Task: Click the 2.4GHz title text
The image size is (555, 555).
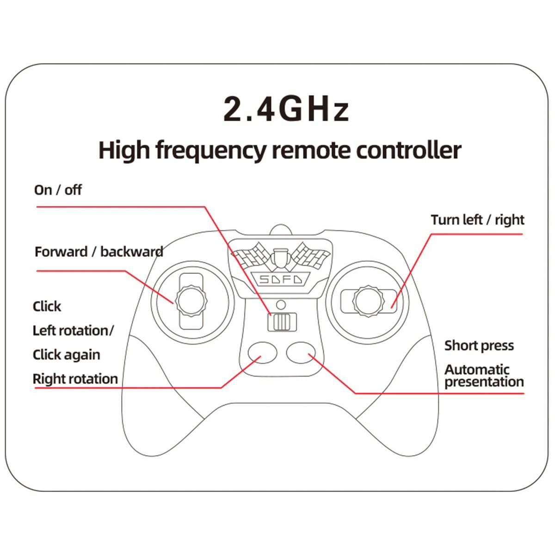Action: pyautogui.click(x=285, y=109)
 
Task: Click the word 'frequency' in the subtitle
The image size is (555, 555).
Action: pyautogui.click(x=211, y=151)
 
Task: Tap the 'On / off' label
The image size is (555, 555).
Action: pyautogui.click(x=58, y=190)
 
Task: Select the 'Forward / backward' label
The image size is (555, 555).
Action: pyautogui.click(x=99, y=252)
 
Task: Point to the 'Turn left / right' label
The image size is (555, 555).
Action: pyautogui.click(x=477, y=220)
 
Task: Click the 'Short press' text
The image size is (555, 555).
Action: pyautogui.click(x=479, y=345)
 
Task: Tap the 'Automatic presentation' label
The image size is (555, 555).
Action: pyautogui.click(x=484, y=376)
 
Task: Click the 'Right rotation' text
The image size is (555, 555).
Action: pyautogui.click(x=75, y=379)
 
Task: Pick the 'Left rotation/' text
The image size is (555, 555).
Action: pyautogui.click(x=73, y=331)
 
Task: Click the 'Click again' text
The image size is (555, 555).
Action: pyautogui.click(x=66, y=355)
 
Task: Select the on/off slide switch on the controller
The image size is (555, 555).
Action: pyautogui.click(x=282, y=322)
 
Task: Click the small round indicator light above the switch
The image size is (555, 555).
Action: pyautogui.click(x=281, y=305)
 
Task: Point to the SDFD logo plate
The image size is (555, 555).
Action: pyautogui.click(x=280, y=279)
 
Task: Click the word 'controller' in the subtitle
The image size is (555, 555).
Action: pyautogui.click(x=408, y=151)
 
